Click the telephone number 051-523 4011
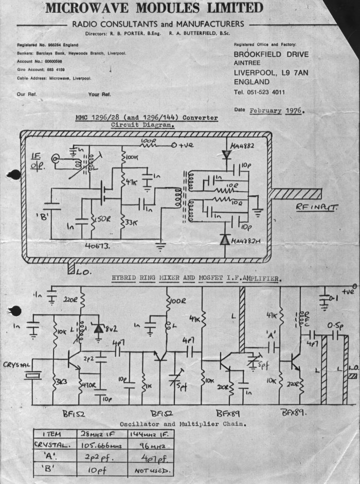pyautogui.click(x=264, y=92)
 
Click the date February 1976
pyautogui.click(x=276, y=110)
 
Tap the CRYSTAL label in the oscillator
pyautogui.click(x=17, y=365)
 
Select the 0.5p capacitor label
pyautogui.click(x=334, y=326)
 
